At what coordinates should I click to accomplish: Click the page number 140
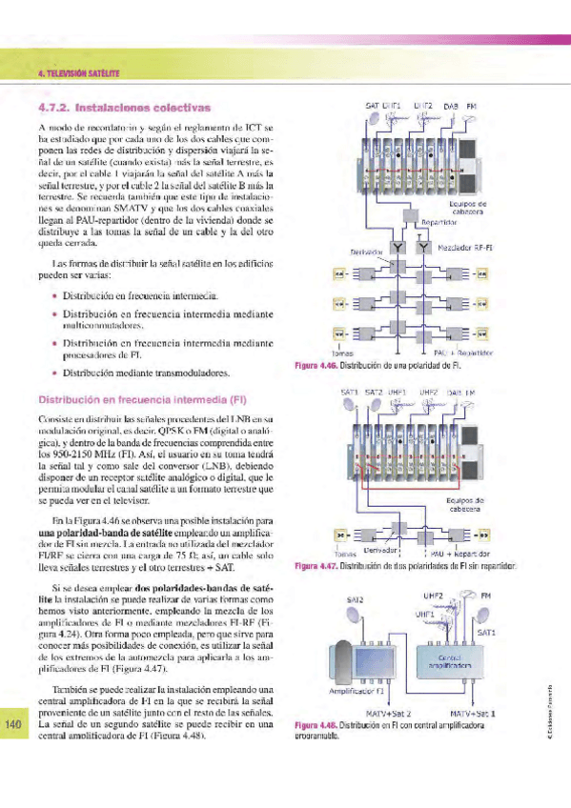click(x=13, y=726)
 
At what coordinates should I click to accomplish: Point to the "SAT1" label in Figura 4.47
click(x=349, y=391)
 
